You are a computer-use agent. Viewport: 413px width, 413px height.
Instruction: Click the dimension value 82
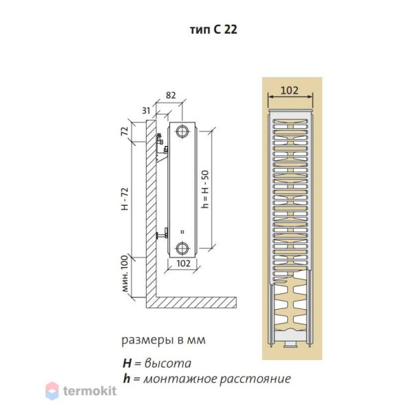point(171,96)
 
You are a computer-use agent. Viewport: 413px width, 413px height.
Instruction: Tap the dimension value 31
point(145,111)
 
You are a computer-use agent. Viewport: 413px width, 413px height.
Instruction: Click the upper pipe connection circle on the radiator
point(182,131)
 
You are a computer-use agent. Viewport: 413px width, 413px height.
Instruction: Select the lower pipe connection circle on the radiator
point(182,248)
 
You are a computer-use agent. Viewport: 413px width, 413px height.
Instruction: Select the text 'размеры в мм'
point(163,340)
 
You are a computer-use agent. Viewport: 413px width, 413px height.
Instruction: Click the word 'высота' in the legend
point(168,363)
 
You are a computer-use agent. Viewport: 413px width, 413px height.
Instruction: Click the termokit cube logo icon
point(53,392)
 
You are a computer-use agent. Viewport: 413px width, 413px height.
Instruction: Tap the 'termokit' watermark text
point(89,392)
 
